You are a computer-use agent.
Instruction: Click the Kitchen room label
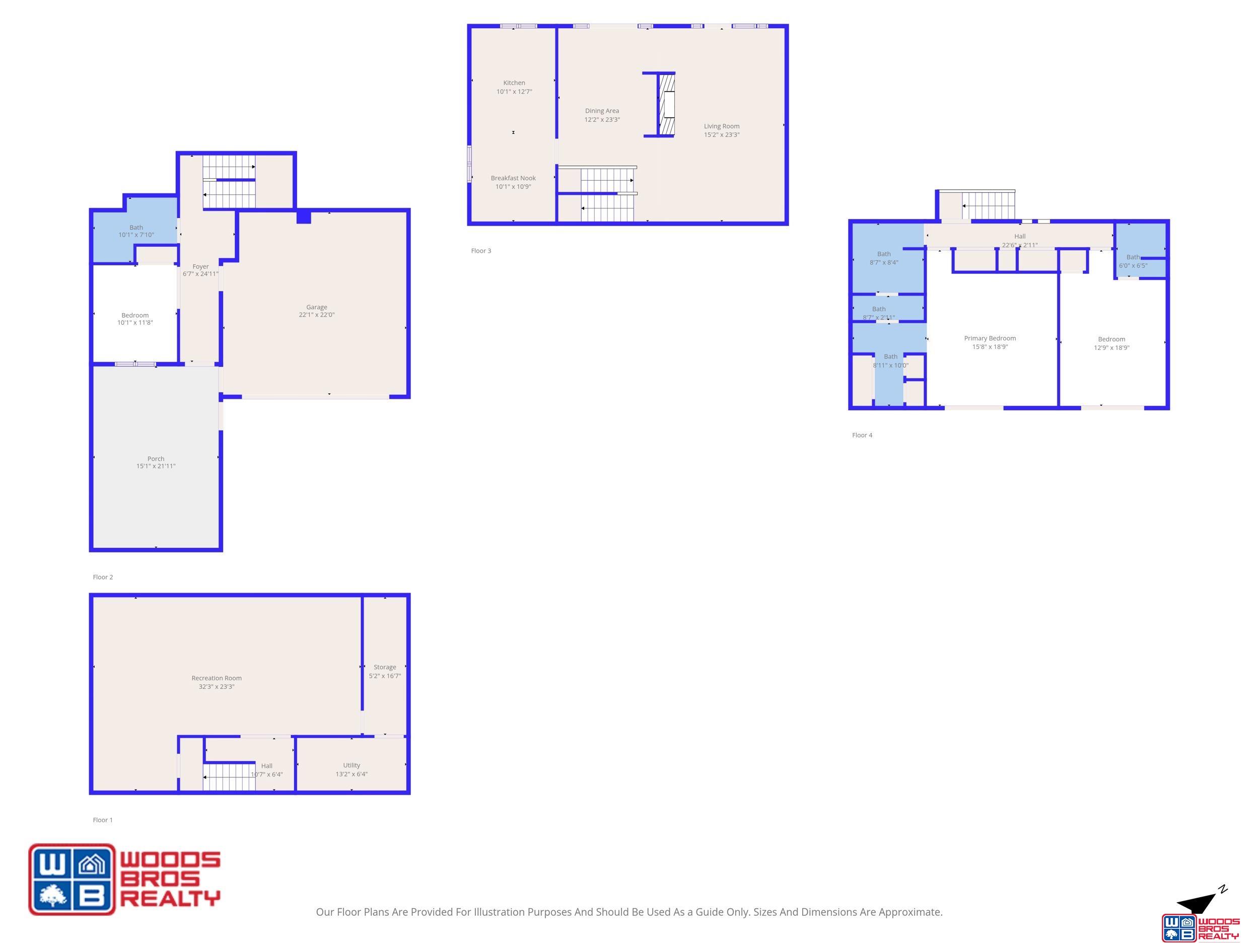tap(514, 83)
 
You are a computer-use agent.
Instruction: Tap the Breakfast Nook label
tap(513, 178)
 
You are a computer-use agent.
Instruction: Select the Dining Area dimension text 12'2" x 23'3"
tap(602, 119)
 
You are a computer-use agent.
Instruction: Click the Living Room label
tap(722, 126)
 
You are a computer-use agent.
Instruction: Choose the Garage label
tap(317, 307)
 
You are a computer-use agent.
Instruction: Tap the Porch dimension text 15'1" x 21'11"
tap(156, 466)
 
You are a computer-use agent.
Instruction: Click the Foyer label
tap(200, 266)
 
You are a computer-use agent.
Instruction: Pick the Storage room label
tap(385, 667)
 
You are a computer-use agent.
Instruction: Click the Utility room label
tap(352, 765)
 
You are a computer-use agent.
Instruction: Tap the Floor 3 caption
tap(481, 250)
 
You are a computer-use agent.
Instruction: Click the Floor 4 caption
tap(862, 435)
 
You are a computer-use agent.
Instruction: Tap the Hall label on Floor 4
tap(1020, 236)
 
